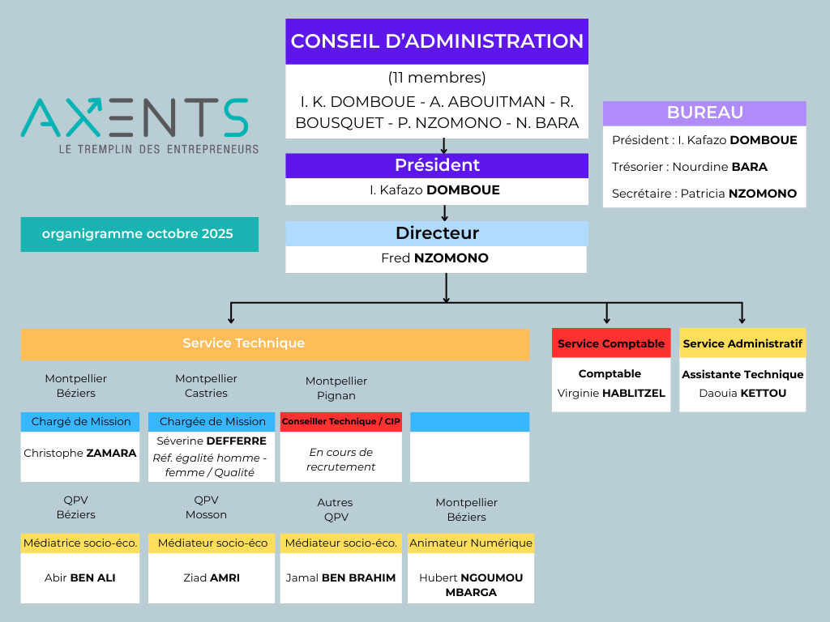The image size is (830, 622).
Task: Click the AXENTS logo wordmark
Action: (x=135, y=117)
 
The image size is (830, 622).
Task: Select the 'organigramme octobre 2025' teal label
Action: (x=139, y=234)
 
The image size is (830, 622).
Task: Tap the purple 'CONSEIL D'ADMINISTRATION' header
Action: (x=437, y=41)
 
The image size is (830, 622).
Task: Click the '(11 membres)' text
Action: (x=437, y=78)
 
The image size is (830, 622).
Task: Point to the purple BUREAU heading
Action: (x=704, y=113)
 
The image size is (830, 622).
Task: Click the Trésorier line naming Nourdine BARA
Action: (x=689, y=167)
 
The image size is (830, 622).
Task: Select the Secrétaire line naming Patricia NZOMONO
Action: (x=704, y=194)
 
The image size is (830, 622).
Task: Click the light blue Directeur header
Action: (x=437, y=233)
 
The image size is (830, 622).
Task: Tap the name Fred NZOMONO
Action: (x=435, y=258)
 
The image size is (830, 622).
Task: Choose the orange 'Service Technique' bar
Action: (x=243, y=343)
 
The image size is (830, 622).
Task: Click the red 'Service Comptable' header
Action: (x=611, y=343)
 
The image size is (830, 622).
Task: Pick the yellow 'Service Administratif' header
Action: (x=742, y=343)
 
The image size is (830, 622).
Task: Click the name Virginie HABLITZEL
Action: (x=611, y=394)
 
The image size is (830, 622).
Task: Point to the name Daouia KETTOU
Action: (x=742, y=394)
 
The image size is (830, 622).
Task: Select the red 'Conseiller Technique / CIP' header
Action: (x=340, y=422)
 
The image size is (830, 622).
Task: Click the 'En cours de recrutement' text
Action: (x=340, y=459)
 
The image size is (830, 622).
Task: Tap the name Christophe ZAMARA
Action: (x=80, y=453)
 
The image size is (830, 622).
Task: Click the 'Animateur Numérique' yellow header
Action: (x=471, y=543)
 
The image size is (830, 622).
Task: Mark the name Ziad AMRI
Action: (x=212, y=577)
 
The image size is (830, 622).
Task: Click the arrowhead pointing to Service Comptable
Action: (x=607, y=319)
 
